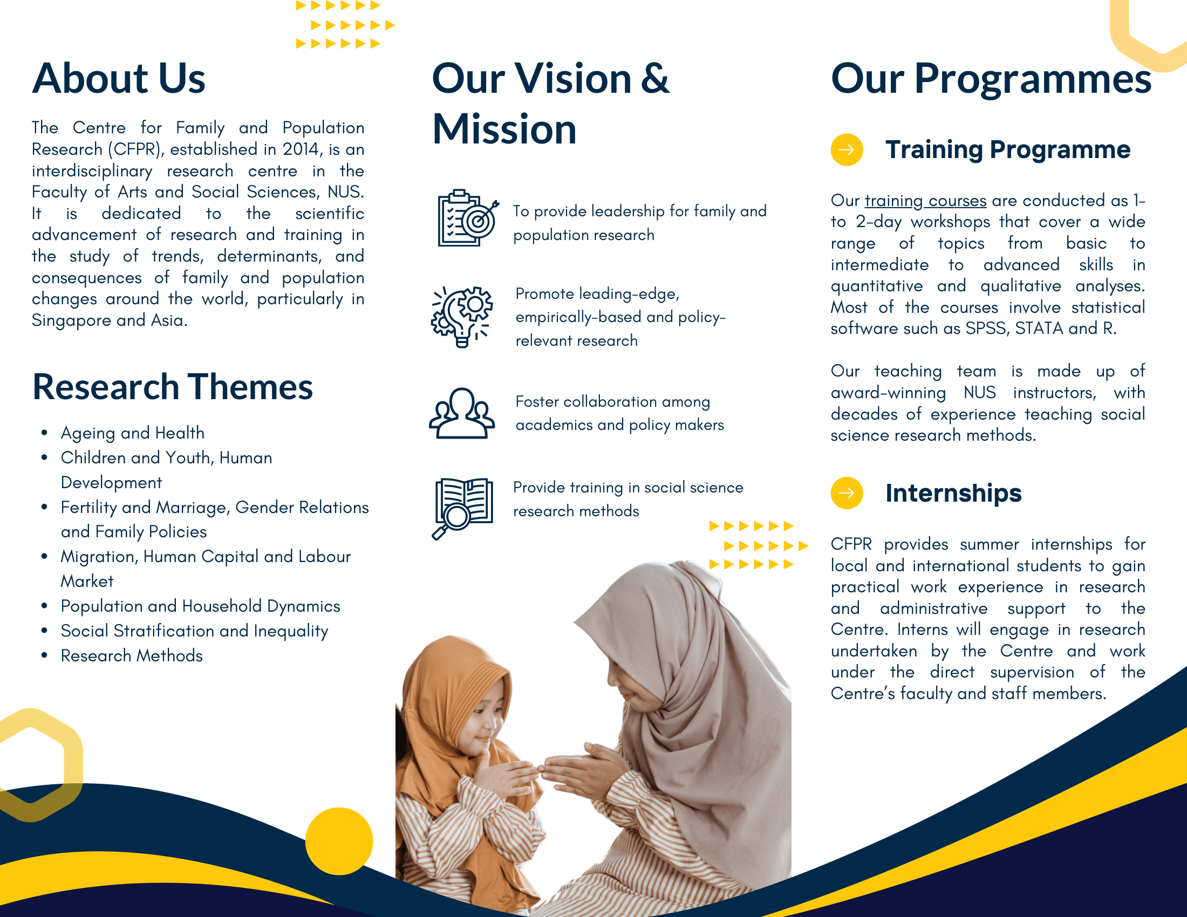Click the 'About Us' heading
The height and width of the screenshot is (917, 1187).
(119, 78)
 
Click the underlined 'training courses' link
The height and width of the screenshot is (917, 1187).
(925, 201)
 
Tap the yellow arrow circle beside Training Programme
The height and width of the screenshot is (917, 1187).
(847, 149)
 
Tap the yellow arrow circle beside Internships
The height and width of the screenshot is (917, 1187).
(847, 492)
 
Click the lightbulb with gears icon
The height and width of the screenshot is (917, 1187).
(461, 317)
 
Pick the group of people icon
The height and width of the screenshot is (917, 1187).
(461, 413)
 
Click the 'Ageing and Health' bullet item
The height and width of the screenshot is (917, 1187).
(133, 433)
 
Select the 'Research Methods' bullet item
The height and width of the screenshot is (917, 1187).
(132, 656)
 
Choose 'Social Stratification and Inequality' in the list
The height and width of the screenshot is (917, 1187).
(195, 631)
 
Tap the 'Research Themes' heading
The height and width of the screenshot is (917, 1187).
(173, 387)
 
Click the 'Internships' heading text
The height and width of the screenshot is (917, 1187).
(953, 493)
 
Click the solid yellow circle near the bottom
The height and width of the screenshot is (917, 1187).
(339, 841)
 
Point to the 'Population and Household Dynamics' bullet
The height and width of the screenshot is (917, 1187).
(201, 606)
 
